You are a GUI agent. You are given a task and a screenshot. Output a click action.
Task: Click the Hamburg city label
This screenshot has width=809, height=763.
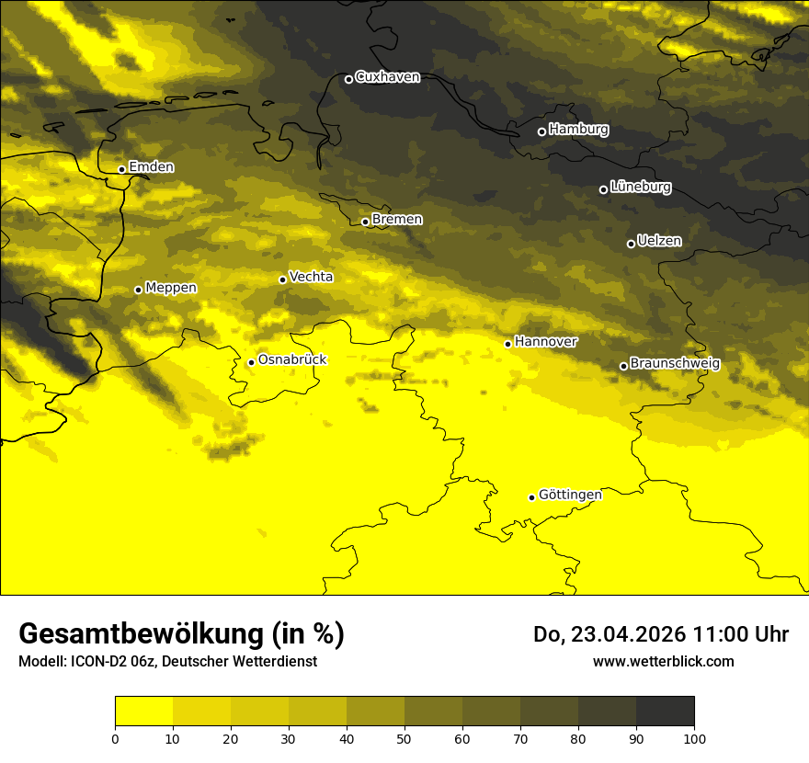click(x=578, y=130)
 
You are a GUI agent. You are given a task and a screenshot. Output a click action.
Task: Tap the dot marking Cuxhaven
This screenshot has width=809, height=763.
click(x=348, y=79)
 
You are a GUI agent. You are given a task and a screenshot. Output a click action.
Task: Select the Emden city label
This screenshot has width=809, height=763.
click(x=151, y=167)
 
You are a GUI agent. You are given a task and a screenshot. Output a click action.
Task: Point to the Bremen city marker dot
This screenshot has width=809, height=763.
click(x=365, y=222)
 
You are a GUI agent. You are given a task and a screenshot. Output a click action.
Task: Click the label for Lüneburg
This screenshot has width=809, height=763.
click(x=640, y=187)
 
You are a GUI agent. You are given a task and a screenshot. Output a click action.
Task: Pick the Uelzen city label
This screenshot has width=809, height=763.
click(x=659, y=241)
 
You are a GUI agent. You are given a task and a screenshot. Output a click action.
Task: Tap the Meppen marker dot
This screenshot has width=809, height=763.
click(x=138, y=290)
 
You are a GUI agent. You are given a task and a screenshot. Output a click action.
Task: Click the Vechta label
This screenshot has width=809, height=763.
click(x=311, y=277)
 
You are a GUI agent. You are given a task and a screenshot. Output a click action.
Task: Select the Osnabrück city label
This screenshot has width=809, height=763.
click(x=292, y=359)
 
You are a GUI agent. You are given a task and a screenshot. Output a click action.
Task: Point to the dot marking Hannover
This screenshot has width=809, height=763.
click(x=507, y=344)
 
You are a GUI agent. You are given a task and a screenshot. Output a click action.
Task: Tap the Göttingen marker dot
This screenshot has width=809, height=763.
click(x=531, y=497)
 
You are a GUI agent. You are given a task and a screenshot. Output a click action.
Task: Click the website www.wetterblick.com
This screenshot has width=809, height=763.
click(x=663, y=661)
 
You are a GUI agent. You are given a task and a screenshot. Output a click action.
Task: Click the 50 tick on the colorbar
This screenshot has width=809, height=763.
click(x=404, y=738)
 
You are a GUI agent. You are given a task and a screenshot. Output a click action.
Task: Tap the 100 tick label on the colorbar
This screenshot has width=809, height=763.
click(x=694, y=738)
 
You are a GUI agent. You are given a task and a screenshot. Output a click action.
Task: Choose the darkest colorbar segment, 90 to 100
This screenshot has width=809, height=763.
click(x=665, y=712)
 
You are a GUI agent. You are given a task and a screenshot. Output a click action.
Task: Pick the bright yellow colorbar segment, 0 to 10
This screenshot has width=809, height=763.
click(x=143, y=712)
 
